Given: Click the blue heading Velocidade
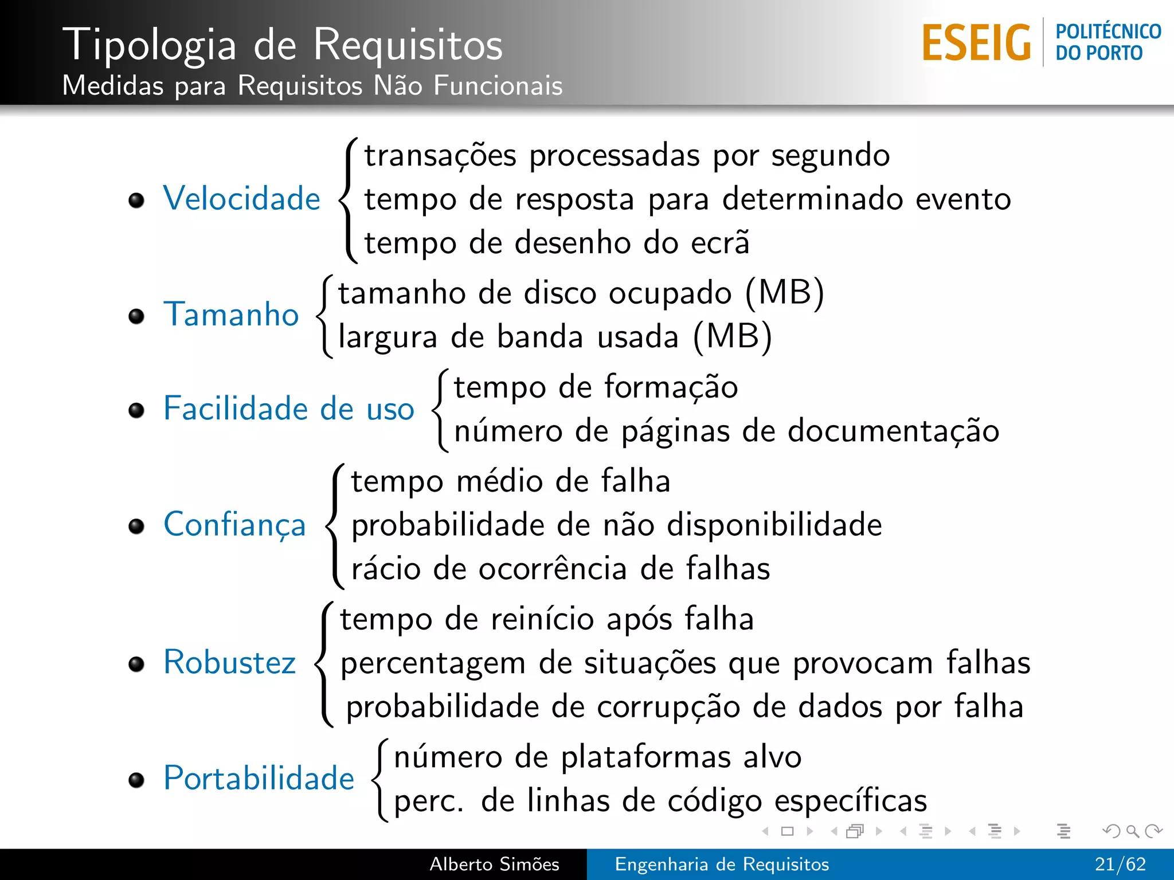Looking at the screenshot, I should pyautogui.click(x=241, y=199).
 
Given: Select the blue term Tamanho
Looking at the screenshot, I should pyautogui.click(x=231, y=315).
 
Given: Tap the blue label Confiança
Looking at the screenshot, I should pyautogui.click(x=234, y=525).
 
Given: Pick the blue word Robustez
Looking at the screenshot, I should pyautogui.click(x=229, y=662).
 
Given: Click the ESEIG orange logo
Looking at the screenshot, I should pyautogui.click(x=976, y=43).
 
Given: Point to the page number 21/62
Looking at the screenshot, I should pyautogui.click(x=1120, y=864).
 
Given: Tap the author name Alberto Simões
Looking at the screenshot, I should pyautogui.click(x=494, y=864).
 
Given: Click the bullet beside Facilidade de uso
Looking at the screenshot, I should pyautogui.click(x=136, y=410).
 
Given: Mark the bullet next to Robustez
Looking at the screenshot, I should pyautogui.click(x=136, y=664).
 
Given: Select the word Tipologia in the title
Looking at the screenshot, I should pyautogui.click(x=150, y=45).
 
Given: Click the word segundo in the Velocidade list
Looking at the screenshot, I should pyautogui.click(x=830, y=156).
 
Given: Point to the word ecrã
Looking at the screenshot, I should pyautogui.click(x=720, y=242).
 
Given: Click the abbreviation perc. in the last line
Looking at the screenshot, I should pyautogui.click(x=428, y=801).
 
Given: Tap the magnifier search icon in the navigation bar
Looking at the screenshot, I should pyautogui.click(x=1132, y=831).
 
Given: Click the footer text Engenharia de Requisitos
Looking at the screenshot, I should pyautogui.click(x=722, y=864).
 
